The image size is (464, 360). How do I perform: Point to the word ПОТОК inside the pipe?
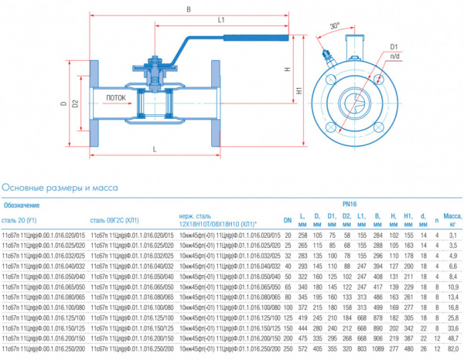115,98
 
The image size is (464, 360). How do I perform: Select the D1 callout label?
393,45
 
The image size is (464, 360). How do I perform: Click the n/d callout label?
394,56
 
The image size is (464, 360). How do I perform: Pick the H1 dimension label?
299,90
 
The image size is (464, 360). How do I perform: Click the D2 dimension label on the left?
75,103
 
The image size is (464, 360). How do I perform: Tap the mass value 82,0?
452,349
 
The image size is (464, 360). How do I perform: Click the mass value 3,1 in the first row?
454,234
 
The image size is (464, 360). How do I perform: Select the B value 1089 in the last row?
377,349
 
